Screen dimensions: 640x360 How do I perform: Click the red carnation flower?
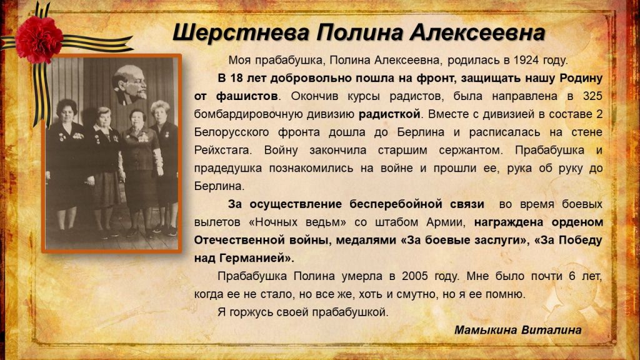[x=39, y=39]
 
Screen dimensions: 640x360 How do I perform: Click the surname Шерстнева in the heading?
[x=241, y=32]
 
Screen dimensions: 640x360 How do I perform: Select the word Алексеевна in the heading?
[x=477, y=32]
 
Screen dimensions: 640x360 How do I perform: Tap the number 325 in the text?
[x=592, y=96]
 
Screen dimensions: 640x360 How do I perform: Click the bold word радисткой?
[x=389, y=114]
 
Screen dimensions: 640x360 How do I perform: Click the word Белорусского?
[x=231, y=132]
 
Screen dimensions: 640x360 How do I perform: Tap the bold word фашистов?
[x=247, y=96]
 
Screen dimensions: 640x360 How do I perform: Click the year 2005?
[x=415, y=276]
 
